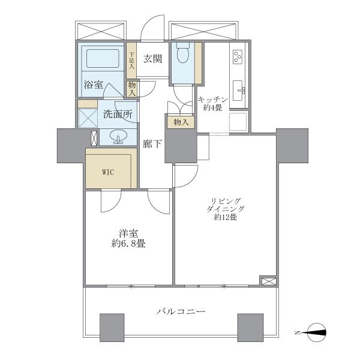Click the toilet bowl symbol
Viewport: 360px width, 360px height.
pyautogui.click(x=183, y=53)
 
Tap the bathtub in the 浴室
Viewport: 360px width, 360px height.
pyautogui.click(x=103, y=59)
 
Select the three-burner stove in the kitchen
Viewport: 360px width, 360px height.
pyautogui.click(x=239, y=57)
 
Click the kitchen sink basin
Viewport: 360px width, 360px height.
pyautogui.click(x=238, y=91)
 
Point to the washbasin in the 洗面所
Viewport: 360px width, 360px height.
pyautogui.click(x=118, y=136)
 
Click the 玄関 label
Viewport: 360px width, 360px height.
pyautogui.click(x=152, y=59)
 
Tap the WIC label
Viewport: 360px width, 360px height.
pyautogui.click(x=108, y=172)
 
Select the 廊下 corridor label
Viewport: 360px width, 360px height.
pyautogui.click(x=152, y=144)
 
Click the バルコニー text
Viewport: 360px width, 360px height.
pyautogui.click(x=181, y=311)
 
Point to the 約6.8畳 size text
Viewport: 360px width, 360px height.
pyautogui.click(x=128, y=244)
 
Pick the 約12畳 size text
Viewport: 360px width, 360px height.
pyautogui.click(x=226, y=217)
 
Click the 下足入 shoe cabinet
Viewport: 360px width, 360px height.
pyautogui.click(x=131, y=61)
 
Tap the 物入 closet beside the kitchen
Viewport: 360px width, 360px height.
pyautogui.click(x=181, y=122)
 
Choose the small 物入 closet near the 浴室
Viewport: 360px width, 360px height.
pyautogui.click(x=132, y=89)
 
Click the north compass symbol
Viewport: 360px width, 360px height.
pyautogui.click(x=316, y=332)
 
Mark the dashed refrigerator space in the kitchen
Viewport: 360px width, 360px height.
pyautogui.click(x=238, y=122)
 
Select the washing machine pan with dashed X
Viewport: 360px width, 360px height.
pyautogui.click(x=88, y=118)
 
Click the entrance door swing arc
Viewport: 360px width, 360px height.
pyautogui.click(x=152, y=28)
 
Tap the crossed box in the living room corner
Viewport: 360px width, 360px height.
pyautogui.click(x=268, y=280)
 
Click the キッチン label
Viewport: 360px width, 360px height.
pyautogui.click(x=213, y=100)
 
